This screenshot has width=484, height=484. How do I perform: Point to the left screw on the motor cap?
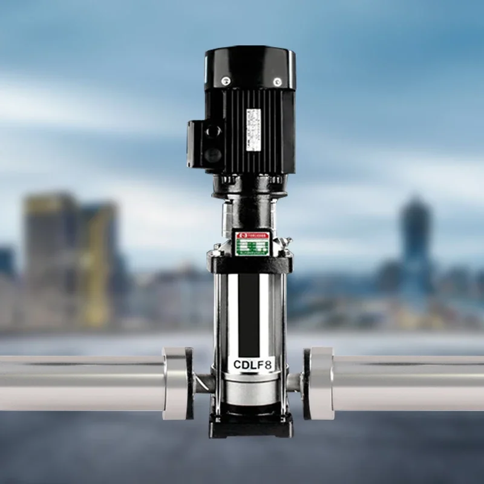coord(226,79)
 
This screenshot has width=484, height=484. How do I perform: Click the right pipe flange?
coord(318,383)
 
